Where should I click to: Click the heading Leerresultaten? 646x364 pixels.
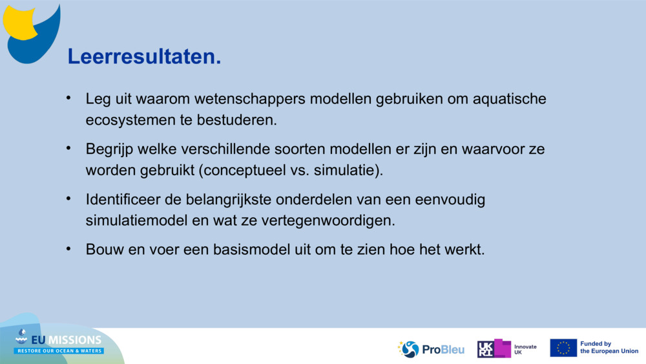(x=144, y=56)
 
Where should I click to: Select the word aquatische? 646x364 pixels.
(x=509, y=99)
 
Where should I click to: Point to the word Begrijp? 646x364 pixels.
(x=109, y=149)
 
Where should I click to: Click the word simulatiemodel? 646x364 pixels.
(x=136, y=220)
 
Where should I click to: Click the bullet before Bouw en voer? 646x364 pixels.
(x=68, y=249)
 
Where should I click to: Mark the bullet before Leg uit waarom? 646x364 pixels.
(x=68, y=98)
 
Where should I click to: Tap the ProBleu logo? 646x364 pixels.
(x=430, y=349)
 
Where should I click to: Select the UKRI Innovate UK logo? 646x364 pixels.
(x=506, y=348)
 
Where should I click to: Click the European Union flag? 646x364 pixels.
(x=563, y=348)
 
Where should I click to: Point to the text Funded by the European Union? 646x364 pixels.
(x=609, y=347)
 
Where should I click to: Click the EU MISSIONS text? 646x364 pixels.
(x=66, y=339)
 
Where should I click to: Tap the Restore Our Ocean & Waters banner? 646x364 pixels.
(x=59, y=351)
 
